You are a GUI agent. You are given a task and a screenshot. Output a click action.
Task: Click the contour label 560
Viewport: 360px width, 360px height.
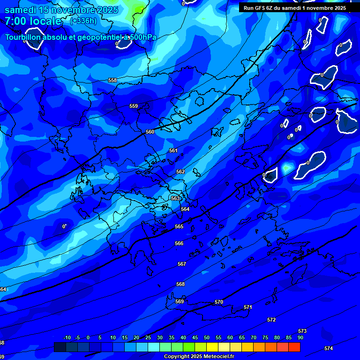coord(150,132)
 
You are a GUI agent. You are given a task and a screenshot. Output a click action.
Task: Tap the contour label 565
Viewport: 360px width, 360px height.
coord(179,227)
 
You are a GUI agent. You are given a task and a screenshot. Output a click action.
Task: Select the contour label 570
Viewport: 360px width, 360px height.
coord(219,302)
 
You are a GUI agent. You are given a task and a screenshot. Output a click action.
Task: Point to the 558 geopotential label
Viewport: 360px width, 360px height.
coord(112,81)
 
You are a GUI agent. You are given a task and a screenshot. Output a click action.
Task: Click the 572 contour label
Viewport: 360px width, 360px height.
coord(271,320)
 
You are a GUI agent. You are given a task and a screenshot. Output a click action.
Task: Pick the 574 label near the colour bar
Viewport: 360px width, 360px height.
coord(329,349)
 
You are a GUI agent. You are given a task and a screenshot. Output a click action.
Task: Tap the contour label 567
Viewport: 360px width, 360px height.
coord(182,264)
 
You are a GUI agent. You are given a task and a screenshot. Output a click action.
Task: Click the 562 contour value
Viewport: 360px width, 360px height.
coord(180,172)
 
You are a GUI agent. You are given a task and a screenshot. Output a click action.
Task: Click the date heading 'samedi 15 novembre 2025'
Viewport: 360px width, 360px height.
coord(61,10)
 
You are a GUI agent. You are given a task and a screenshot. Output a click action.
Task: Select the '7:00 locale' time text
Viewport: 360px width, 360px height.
coord(33,21)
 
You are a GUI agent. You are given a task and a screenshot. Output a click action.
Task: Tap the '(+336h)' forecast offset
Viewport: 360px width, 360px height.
coord(83,21)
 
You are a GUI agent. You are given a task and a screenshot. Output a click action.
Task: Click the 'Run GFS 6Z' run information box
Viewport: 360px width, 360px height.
coord(295,8)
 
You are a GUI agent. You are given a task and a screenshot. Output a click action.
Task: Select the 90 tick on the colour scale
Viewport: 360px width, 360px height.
coord(300,338)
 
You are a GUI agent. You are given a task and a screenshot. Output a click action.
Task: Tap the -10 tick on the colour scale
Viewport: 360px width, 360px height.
coord(67,338)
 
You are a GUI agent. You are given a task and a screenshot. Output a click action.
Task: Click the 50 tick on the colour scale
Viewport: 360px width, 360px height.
coord(207,338)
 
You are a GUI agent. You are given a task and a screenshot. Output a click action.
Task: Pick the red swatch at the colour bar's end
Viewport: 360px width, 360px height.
coord(294,347)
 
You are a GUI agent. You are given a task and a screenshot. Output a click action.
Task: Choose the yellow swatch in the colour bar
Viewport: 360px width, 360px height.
coord(212,347)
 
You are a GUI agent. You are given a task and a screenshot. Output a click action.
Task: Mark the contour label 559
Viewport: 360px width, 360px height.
coord(134,106)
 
